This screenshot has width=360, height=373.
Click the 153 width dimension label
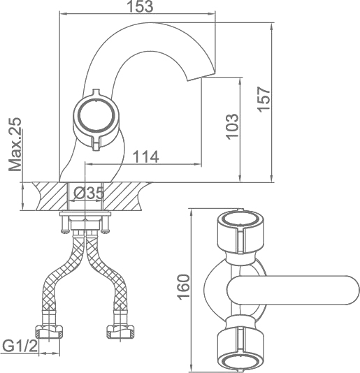coord(141,6)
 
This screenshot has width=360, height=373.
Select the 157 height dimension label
coord(264,99)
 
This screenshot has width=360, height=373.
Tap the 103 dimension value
coord(232,127)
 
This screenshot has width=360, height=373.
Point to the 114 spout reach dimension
coord(145,156)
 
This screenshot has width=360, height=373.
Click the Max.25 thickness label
coord(15,145)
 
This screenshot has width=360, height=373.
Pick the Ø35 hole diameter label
coord(89,193)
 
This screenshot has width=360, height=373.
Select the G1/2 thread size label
coord(20,346)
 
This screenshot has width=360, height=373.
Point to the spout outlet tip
coord(201,77)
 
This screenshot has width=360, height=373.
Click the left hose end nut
coord(50,332)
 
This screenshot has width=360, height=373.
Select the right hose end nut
coord(120,332)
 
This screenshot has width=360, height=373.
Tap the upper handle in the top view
coord(240,231)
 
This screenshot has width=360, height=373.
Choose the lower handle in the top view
coord(240,349)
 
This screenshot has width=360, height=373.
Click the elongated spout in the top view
coord(293,290)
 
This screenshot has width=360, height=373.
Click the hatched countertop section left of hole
coord(51,196)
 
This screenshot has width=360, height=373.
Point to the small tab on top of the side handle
coord(96,92)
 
